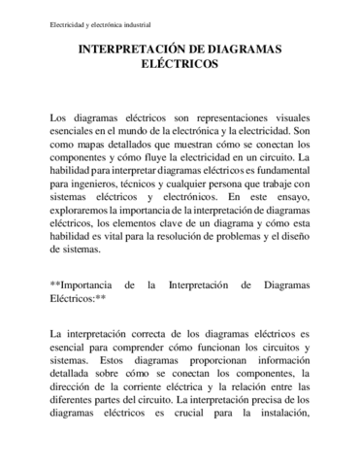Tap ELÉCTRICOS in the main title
(180, 66)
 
